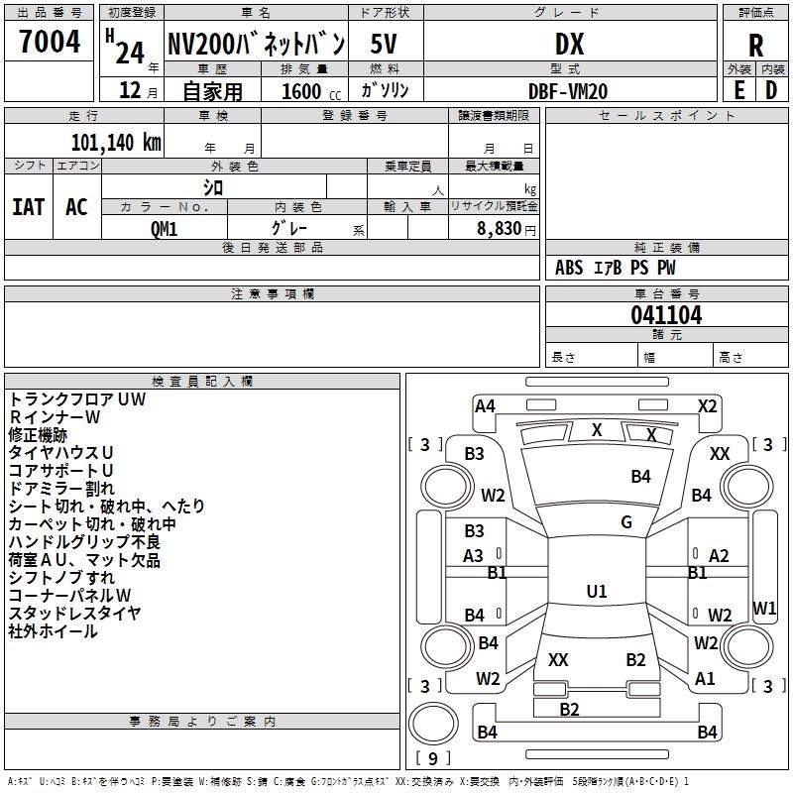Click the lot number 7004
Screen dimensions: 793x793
pyautogui.click(x=50, y=43)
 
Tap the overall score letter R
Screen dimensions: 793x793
pyautogui.click(x=755, y=45)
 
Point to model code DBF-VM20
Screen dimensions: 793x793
pyautogui.click(x=568, y=91)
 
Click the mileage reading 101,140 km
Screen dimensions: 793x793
pyautogui.click(x=116, y=143)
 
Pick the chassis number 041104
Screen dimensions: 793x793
pyautogui.click(x=666, y=315)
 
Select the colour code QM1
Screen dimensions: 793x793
pyautogui.click(x=165, y=228)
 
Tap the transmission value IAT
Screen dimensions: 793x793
pyautogui.click(x=28, y=207)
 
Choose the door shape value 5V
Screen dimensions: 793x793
pyautogui.click(x=385, y=44)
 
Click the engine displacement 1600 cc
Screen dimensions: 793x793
pyautogui.click(x=305, y=91)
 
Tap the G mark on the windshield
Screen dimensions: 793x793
pyautogui.click(x=626, y=522)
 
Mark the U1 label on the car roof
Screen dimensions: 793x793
pyautogui.click(x=597, y=592)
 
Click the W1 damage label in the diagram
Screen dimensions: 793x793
pyautogui.click(x=764, y=608)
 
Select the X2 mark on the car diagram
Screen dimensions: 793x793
pyautogui.click(x=707, y=405)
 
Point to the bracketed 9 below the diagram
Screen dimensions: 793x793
pyautogui.click(x=432, y=759)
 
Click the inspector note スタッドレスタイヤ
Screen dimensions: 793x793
pyautogui.click(x=75, y=614)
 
